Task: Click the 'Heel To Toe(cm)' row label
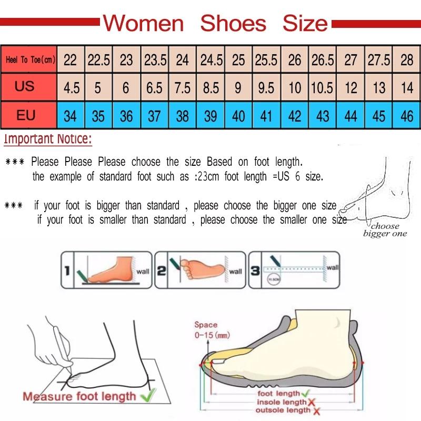point(30,59)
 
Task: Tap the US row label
point(25,86)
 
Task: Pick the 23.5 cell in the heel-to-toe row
point(155,60)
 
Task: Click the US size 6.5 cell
point(154,87)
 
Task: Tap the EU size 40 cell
point(238,116)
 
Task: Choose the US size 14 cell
point(407,87)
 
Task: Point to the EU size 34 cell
point(70,116)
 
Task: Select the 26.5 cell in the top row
point(323,60)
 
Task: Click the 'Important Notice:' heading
point(48,139)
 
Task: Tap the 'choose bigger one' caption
point(385,230)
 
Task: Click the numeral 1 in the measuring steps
point(67,271)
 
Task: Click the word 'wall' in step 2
point(235,272)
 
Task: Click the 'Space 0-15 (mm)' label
point(206,329)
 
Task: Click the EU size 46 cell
point(407,116)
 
